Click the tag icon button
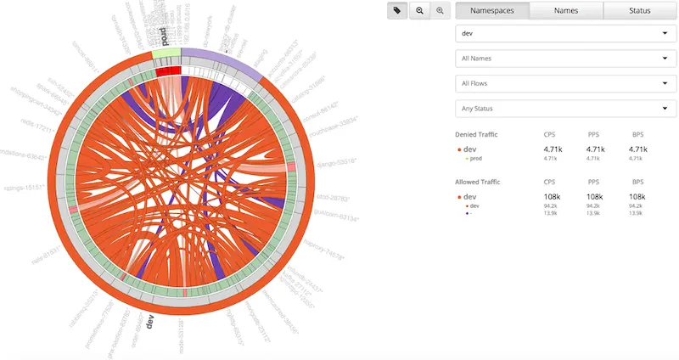[397, 10]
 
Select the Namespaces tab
[492, 11]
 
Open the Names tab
[566, 11]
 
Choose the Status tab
[639, 11]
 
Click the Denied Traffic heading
[477, 134]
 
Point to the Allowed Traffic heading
[478, 182]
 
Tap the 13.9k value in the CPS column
[550, 212]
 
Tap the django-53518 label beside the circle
[334, 161]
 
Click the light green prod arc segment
[166, 53]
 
